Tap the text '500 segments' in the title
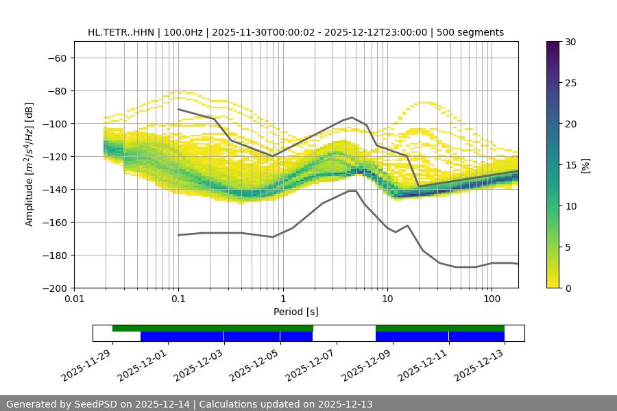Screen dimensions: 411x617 pos(472,32)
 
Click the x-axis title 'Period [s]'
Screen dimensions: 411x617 pos(296,312)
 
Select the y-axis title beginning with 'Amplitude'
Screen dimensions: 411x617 pos(29,164)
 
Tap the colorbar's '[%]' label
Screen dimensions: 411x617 pos(585,164)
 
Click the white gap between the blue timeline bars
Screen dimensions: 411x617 pos(344,336)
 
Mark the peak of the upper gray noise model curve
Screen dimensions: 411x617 pos(352,117)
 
